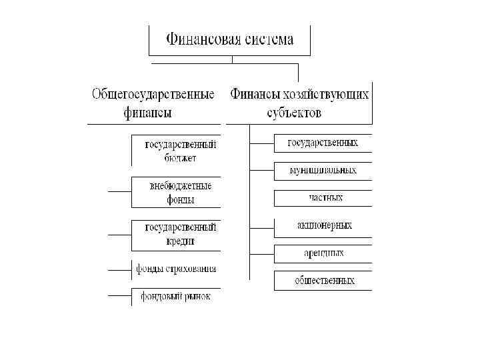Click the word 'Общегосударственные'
(x=153, y=95)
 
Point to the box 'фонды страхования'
(x=176, y=269)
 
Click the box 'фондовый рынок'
(x=176, y=296)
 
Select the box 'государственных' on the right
(x=323, y=143)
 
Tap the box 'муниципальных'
(x=323, y=171)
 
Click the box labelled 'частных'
(x=323, y=198)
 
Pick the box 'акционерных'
(x=323, y=226)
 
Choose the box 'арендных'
(x=323, y=253)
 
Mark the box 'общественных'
(x=323, y=281)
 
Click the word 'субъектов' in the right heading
(x=294, y=112)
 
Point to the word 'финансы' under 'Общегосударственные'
(x=148, y=112)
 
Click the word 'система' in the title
(x=267, y=40)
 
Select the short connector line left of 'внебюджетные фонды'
(x=119, y=192)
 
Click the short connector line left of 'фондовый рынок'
(x=119, y=296)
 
